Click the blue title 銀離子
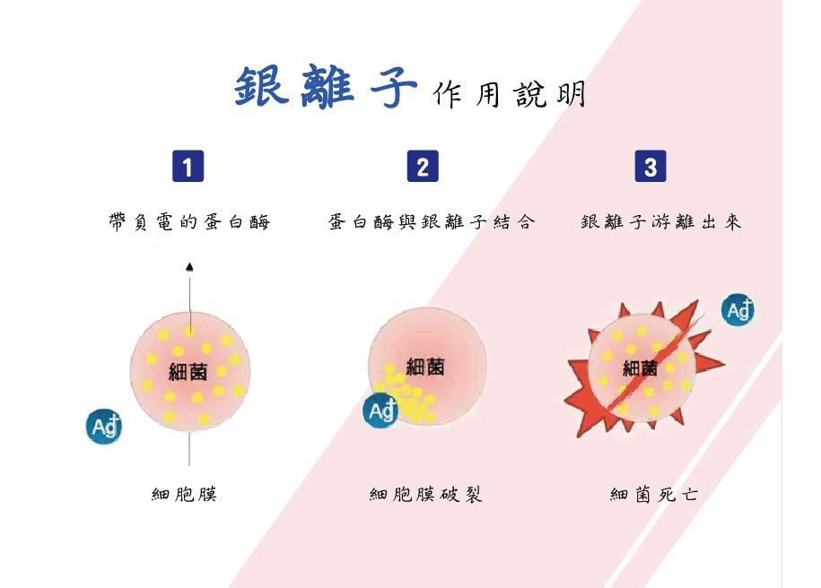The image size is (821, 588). pyautogui.click(x=326, y=87)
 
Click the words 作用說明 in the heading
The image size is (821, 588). pyautogui.click(x=508, y=94)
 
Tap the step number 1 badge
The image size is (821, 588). pyautogui.click(x=188, y=167)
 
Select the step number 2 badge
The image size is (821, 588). pyautogui.click(x=423, y=167)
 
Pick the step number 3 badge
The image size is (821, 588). pyautogui.click(x=651, y=167)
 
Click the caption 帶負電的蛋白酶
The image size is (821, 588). pyautogui.click(x=188, y=222)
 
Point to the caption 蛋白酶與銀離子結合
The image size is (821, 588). pyautogui.click(x=432, y=222)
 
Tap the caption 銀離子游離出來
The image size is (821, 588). pyautogui.click(x=661, y=222)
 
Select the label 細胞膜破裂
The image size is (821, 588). pyautogui.click(x=426, y=494)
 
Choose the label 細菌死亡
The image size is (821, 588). pyautogui.click(x=654, y=494)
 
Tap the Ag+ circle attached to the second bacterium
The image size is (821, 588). pyautogui.click(x=380, y=411)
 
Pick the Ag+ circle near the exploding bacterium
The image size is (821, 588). pyautogui.click(x=738, y=310)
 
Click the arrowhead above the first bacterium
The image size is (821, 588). pyautogui.click(x=189, y=266)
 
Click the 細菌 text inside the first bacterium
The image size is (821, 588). pyautogui.click(x=188, y=370)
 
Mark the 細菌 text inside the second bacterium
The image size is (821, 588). pyautogui.click(x=425, y=366)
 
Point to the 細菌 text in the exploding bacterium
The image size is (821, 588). pyautogui.click(x=640, y=368)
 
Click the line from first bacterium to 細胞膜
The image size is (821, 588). pyautogui.click(x=189, y=448)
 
